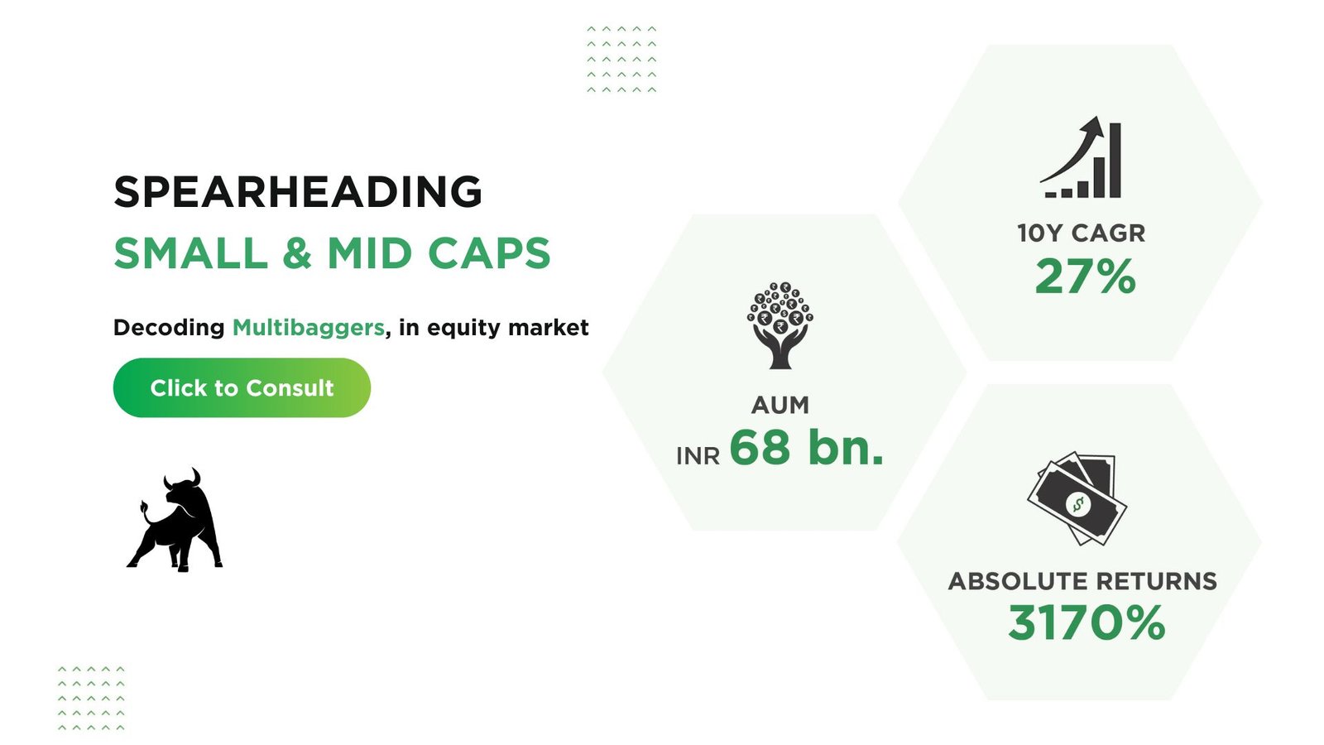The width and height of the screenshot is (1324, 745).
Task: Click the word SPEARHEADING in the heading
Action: pos(298,192)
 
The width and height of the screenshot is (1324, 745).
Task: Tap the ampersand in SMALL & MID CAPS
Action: pos(297,253)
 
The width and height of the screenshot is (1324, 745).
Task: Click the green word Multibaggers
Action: pos(308,328)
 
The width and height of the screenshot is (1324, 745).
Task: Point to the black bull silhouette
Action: pos(175,521)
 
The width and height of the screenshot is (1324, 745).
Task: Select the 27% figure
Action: pos(1085,276)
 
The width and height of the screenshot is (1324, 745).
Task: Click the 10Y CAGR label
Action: pos(1081,233)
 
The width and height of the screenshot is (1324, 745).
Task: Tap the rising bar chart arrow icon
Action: pos(1081,157)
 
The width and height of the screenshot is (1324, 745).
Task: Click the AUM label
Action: pos(780,405)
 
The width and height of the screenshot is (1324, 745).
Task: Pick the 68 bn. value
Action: pos(806,448)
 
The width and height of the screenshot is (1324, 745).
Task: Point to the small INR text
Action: pos(698,456)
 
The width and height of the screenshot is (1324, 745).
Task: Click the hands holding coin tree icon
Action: pos(780,325)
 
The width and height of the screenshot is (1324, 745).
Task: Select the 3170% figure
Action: pos(1087,622)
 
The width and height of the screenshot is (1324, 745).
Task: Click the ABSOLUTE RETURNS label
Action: pos(1082,581)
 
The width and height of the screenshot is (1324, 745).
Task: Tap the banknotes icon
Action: pos(1077,498)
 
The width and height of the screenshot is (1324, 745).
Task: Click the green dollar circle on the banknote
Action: pos(1077,504)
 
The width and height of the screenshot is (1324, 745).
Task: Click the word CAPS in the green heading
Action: pos(489,253)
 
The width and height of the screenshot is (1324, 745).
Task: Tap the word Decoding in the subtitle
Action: pos(169,328)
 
